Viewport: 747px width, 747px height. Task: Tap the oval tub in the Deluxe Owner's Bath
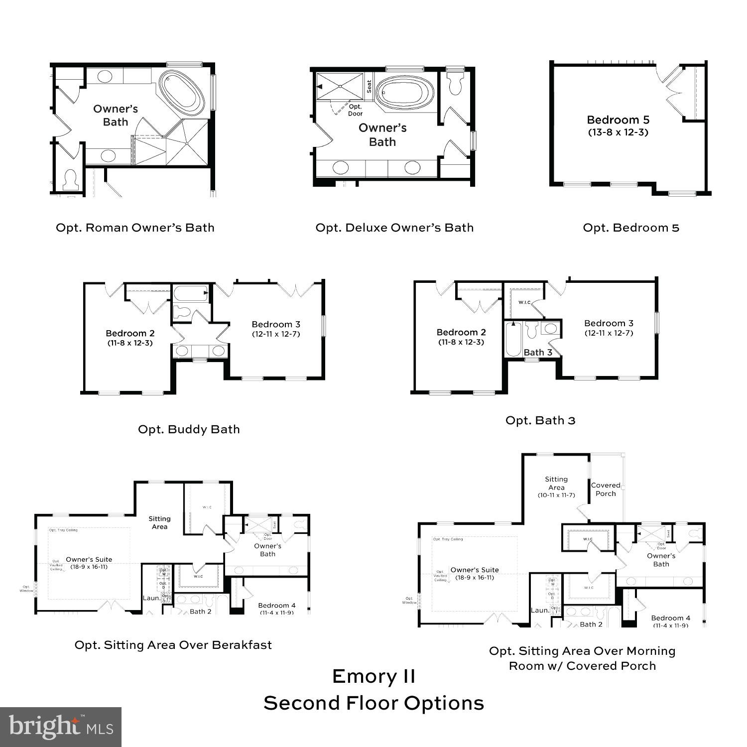tap(404, 93)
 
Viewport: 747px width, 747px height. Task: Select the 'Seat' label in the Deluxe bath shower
tap(369, 86)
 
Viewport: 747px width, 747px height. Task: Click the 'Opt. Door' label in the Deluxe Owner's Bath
tap(355, 110)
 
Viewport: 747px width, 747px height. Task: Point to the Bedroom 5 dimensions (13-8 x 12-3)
tap(618, 132)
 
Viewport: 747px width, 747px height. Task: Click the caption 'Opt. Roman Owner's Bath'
tap(135, 228)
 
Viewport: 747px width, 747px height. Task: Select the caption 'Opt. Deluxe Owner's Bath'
tap(394, 228)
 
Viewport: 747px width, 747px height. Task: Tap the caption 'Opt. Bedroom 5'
tap(631, 228)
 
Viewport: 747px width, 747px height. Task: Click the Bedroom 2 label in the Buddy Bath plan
tap(130, 333)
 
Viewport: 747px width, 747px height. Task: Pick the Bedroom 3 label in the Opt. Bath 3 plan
tap(609, 323)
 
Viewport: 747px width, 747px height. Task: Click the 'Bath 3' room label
tap(538, 352)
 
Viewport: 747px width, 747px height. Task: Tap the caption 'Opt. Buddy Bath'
tap(189, 429)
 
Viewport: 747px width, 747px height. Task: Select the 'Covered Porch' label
tap(606, 489)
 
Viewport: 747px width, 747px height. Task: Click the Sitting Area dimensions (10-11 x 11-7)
tap(556, 495)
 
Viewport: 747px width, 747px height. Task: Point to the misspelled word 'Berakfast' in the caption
tap(242, 645)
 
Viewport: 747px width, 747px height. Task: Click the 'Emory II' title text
tap(373, 676)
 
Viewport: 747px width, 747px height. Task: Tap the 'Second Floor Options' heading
tap(373, 703)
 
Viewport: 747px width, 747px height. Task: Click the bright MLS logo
tap(60, 727)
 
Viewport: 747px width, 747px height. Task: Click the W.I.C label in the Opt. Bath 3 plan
tap(524, 302)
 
